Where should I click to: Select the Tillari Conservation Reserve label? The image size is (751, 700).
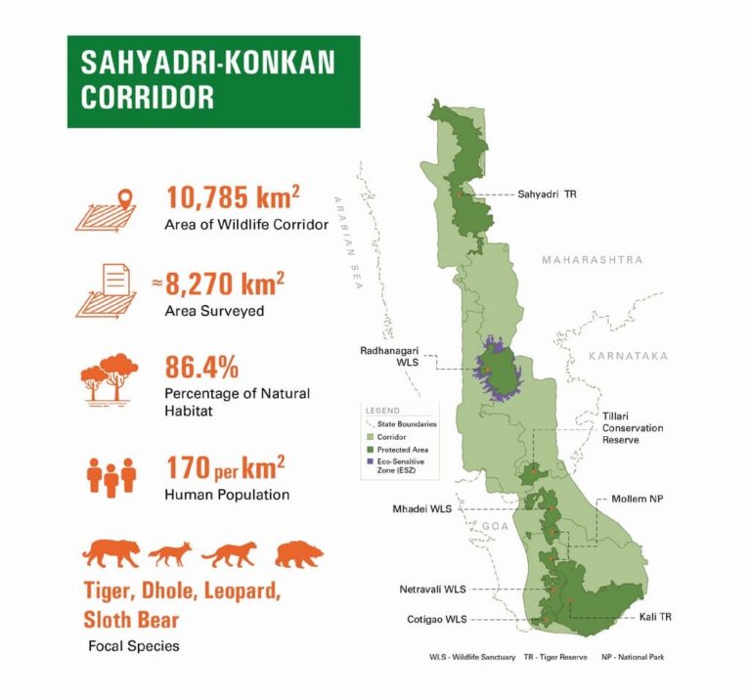coord(632,428)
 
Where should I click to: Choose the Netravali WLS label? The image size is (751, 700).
coord(432,590)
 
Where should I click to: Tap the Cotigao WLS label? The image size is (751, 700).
coord(436,619)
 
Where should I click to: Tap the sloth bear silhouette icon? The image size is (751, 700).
coord(299,555)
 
